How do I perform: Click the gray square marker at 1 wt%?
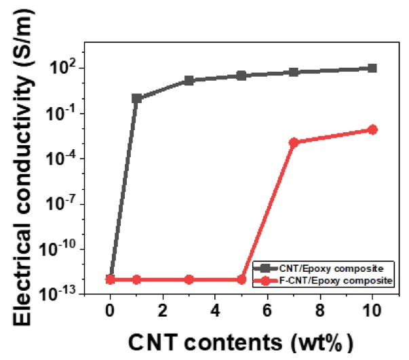pyautogui.click(x=136, y=99)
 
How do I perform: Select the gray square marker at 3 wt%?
pyautogui.click(x=189, y=81)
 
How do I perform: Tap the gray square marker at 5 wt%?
pyautogui.click(x=241, y=76)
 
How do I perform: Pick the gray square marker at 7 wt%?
pyautogui.click(x=294, y=72)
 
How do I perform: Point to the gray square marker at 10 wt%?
pyautogui.click(x=372, y=68)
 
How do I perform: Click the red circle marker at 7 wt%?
pyautogui.click(x=294, y=142)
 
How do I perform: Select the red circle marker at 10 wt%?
pyautogui.click(x=372, y=129)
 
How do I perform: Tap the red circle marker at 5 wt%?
pyautogui.click(x=241, y=279)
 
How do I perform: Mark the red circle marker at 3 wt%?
pyautogui.click(x=189, y=279)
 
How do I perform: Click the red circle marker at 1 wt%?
pyautogui.click(x=136, y=279)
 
